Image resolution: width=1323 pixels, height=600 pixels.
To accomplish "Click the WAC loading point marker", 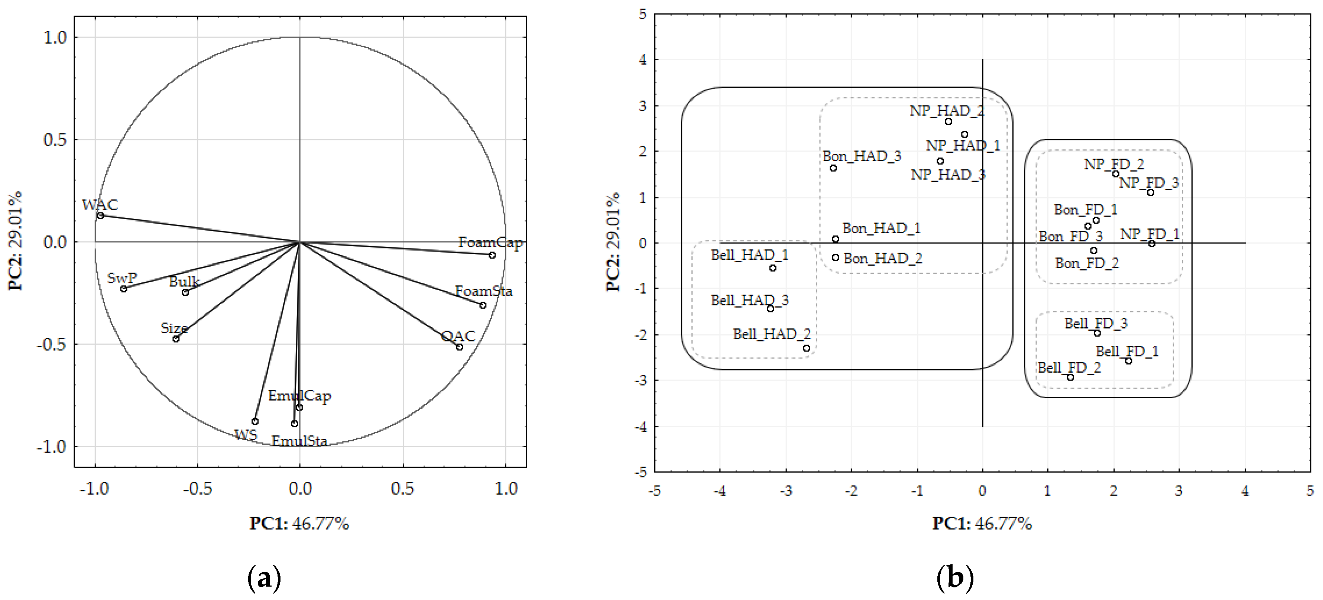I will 101,216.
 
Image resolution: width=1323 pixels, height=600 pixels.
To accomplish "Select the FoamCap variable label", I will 490,243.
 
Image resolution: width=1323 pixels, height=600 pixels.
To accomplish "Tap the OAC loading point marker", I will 460,347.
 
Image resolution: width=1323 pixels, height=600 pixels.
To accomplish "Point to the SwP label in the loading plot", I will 122,278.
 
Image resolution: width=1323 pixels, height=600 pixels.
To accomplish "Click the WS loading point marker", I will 255,421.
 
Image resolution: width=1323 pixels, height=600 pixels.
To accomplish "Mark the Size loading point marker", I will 176,339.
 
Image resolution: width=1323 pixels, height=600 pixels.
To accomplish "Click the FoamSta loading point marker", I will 483,305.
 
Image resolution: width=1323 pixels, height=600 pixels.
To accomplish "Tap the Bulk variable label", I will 184,282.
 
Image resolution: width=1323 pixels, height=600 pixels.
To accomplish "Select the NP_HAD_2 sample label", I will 947,110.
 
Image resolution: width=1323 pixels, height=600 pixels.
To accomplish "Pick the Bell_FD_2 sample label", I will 1069,368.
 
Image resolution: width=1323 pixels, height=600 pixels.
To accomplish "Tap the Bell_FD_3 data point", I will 1097,333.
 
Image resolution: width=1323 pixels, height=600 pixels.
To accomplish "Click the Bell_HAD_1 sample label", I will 749,255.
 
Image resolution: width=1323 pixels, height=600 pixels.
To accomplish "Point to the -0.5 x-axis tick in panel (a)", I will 197,489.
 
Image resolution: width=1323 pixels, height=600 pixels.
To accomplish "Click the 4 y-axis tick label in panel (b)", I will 643,59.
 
